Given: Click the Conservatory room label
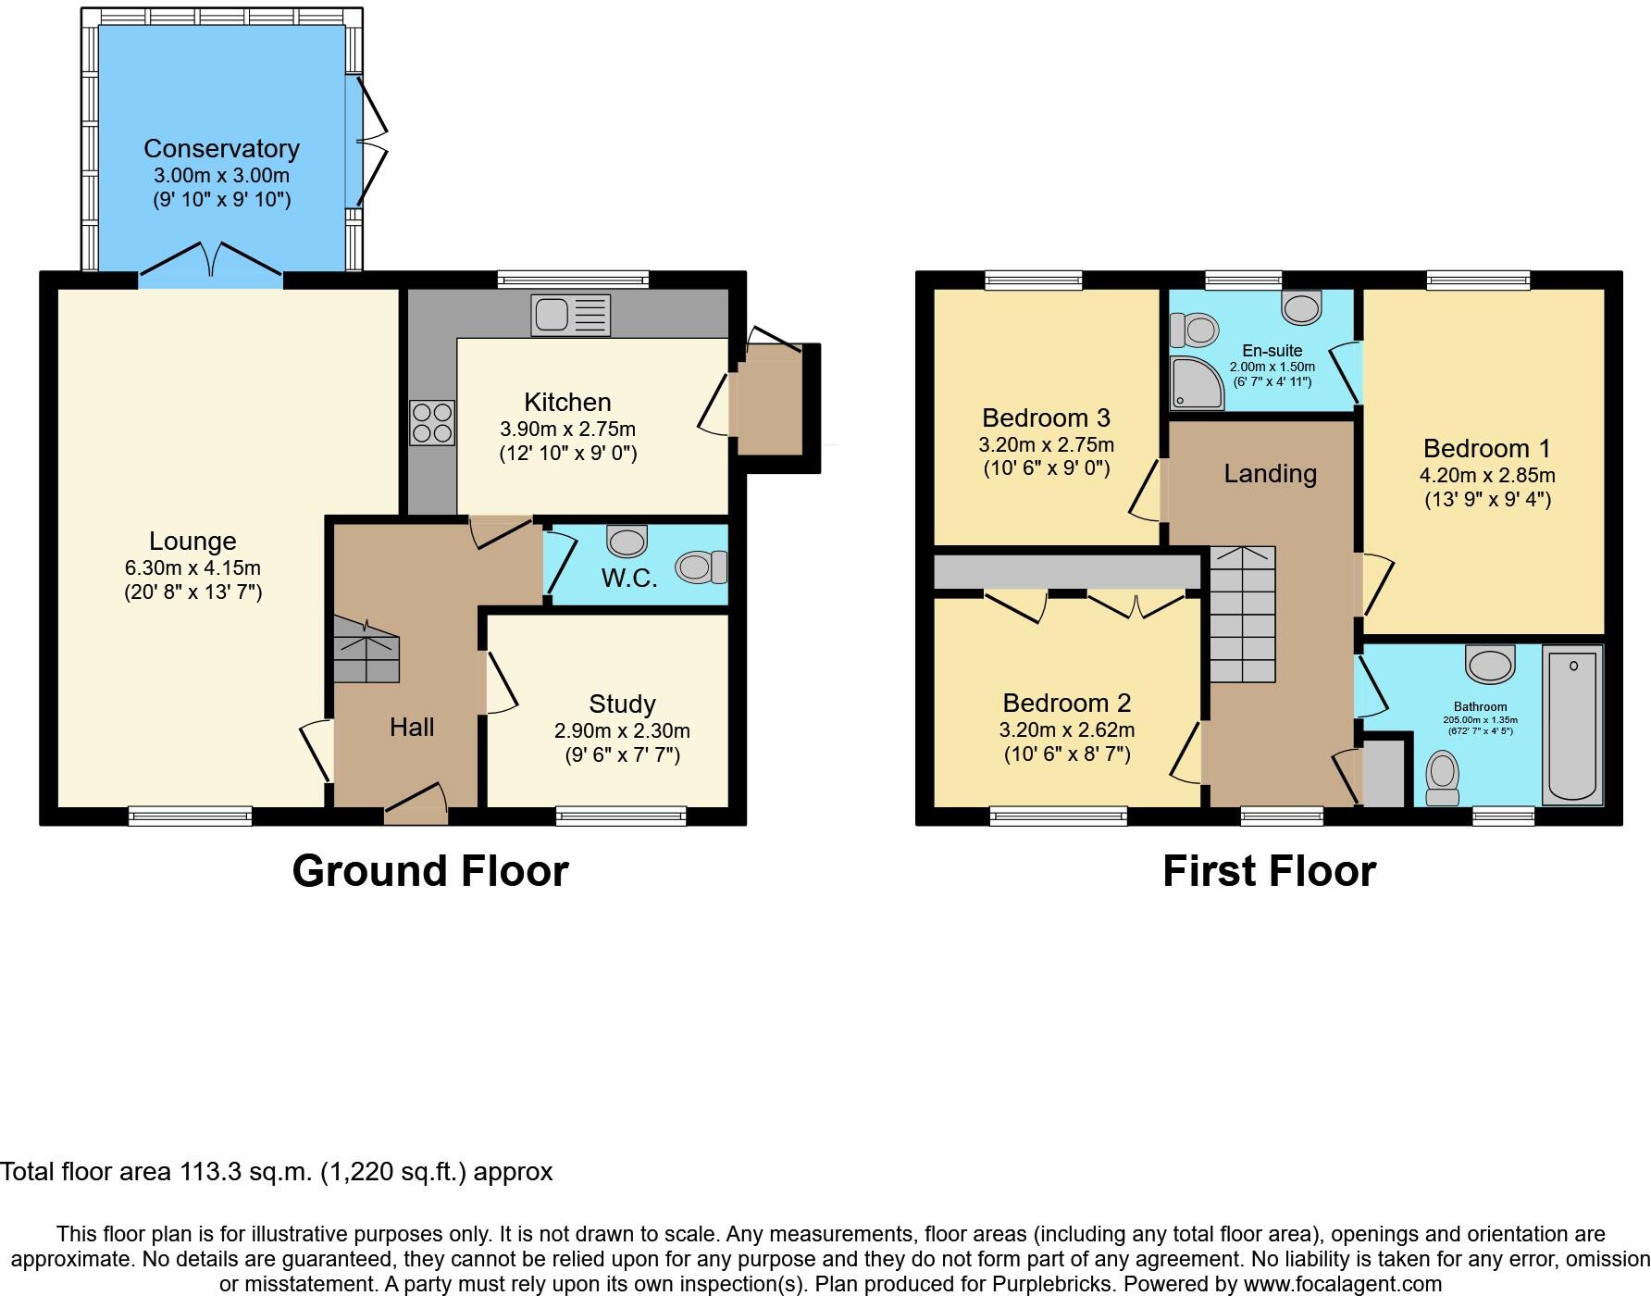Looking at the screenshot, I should [x=221, y=148].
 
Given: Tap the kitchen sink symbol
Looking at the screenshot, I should [x=570, y=315].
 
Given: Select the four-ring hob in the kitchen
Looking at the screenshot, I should [x=432, y=422].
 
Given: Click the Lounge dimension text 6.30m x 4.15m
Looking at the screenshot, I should [x=192, y=567].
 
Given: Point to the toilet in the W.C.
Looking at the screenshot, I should [x=703, y=567].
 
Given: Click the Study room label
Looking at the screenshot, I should [x=622, y=704].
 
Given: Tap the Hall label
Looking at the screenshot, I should [x=412, y=727].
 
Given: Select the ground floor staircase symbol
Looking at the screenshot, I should [x=366, y=654].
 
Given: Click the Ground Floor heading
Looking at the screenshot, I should [x=429, y=871].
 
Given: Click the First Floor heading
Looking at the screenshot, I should [x=1269, y=871].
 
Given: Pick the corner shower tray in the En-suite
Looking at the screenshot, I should [x=1193, y=384].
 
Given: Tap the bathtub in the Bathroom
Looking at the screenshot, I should [x=1572, y=724].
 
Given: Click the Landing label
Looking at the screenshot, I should [x=1270, y=474].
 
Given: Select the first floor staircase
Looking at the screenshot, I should [x=1243, y=615].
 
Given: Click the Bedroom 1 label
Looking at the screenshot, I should [x=1486, y=449].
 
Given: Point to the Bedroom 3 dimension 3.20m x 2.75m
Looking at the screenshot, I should [x=1046, y=444].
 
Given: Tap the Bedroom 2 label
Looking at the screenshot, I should [x=1066, y=703].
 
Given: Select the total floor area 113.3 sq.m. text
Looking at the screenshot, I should [x=276, y=1172].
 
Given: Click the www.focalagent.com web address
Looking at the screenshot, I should [x=1342, y=1284].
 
